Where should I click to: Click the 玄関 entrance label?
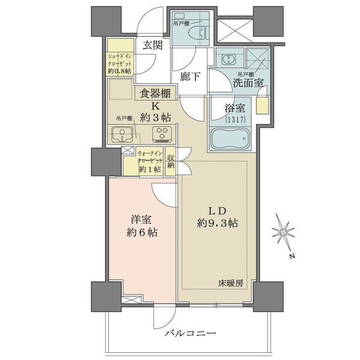click(152, 45)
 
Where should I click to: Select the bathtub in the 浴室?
click(230, 139)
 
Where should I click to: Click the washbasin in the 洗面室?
click(229, 59)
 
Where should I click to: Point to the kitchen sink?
click(122, 134)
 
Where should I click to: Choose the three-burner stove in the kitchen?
click(162, 134)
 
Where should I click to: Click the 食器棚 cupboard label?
click(155, 94)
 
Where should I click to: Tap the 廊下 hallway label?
click(190, 77)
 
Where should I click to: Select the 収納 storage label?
click(170, 161)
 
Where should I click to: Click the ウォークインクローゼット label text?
click(150, 157)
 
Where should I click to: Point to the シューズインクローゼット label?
click(120, 59)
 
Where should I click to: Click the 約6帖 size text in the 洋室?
click(142, 233)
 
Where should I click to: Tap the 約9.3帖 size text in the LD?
click(217, 223)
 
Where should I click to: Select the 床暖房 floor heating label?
click(230, 284)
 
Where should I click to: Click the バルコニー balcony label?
click(190, 333)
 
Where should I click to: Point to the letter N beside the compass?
click(292, 256)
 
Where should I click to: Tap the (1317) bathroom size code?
click(235, 119)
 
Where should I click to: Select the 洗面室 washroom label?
click(248, 83)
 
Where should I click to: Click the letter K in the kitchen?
click(155, 106)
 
